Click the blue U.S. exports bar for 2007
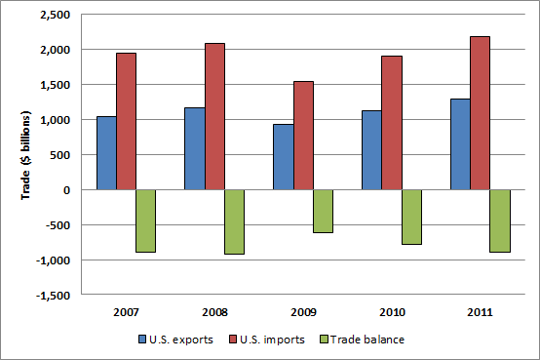click(x=106, y=153)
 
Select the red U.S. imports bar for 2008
click(x=214, y=116)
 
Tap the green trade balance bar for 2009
click(x=323, y=211)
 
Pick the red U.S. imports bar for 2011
click(x=480, y=113)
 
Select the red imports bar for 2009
click(x=303, y=136)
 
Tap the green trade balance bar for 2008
click(x=234, y=221)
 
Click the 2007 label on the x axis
click(x=126, y=312)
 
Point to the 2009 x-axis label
click(x=303, y=312)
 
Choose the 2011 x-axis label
click(x=480, y=312)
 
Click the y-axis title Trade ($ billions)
click(x=26, y=154)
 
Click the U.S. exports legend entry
click(x=175, y=339)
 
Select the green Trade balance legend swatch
click(x=324, y=339)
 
